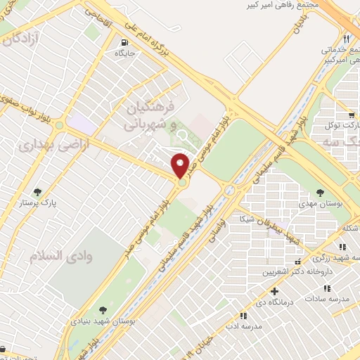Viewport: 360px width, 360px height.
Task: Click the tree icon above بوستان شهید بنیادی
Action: (103, 309)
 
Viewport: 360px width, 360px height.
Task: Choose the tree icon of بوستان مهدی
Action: (320, 191)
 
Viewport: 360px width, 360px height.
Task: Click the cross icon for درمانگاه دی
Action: (274, 290)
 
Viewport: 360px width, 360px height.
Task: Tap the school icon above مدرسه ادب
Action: (244, 316)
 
